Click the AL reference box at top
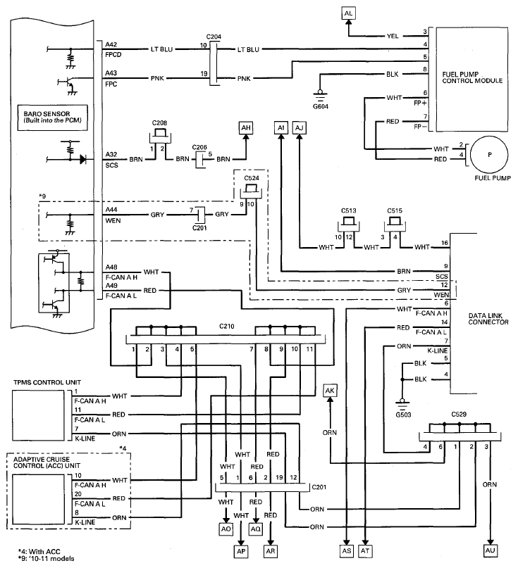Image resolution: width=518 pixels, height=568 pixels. pos(349,13)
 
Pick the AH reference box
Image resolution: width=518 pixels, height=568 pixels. pos(246,127)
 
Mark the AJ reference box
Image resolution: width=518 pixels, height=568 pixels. pos(300,127)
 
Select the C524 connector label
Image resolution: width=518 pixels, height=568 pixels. pos(252,179)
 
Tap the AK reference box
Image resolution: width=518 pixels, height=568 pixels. pos(329,390)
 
